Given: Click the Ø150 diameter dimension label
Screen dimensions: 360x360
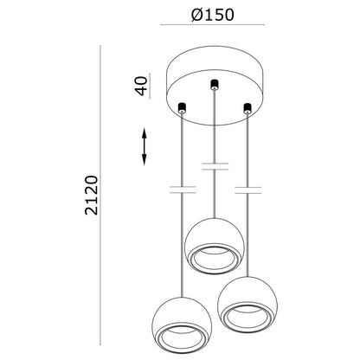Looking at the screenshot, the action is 213,15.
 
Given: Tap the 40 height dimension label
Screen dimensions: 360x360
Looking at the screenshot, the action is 141,86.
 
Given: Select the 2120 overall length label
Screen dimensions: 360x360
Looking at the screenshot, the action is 92,195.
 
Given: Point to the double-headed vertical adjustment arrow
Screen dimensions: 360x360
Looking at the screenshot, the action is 145,146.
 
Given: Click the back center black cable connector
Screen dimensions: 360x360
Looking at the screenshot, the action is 214,84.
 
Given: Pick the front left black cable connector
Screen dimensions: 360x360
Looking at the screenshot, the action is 182,107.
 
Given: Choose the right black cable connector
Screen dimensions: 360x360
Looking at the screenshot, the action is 247,107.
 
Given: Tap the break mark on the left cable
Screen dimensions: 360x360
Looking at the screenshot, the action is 183,190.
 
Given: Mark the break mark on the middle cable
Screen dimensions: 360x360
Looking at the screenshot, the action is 215,166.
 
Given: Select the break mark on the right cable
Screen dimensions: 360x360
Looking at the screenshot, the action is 248,190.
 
